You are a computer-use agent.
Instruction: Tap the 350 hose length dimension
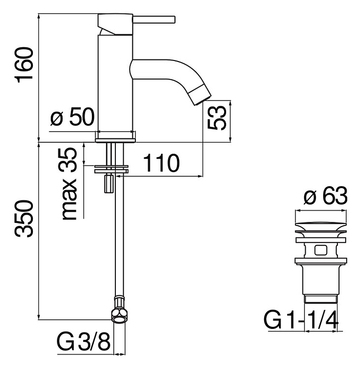tap(24, 218)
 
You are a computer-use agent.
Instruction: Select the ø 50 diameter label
tap(72, 116)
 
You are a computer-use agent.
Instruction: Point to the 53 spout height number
tap(217, 118)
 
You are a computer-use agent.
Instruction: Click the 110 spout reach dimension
tap(161, 163)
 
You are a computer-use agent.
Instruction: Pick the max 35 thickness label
tap(69, 184)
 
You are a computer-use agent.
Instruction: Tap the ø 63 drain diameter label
tap(325, 196)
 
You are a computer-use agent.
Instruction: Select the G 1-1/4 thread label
tap(301, 320)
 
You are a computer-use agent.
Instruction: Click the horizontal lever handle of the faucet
tap(154, 19)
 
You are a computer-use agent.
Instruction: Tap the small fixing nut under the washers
tap(109, 183)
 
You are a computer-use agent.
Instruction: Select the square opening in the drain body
tap(321, 250)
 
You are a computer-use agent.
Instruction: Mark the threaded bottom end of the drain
tap(321, 299)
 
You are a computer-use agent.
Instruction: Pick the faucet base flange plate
tap(115, 140)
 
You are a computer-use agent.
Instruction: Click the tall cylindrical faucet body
tap(115, 83)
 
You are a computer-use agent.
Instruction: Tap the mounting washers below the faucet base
tap(111, 169)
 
